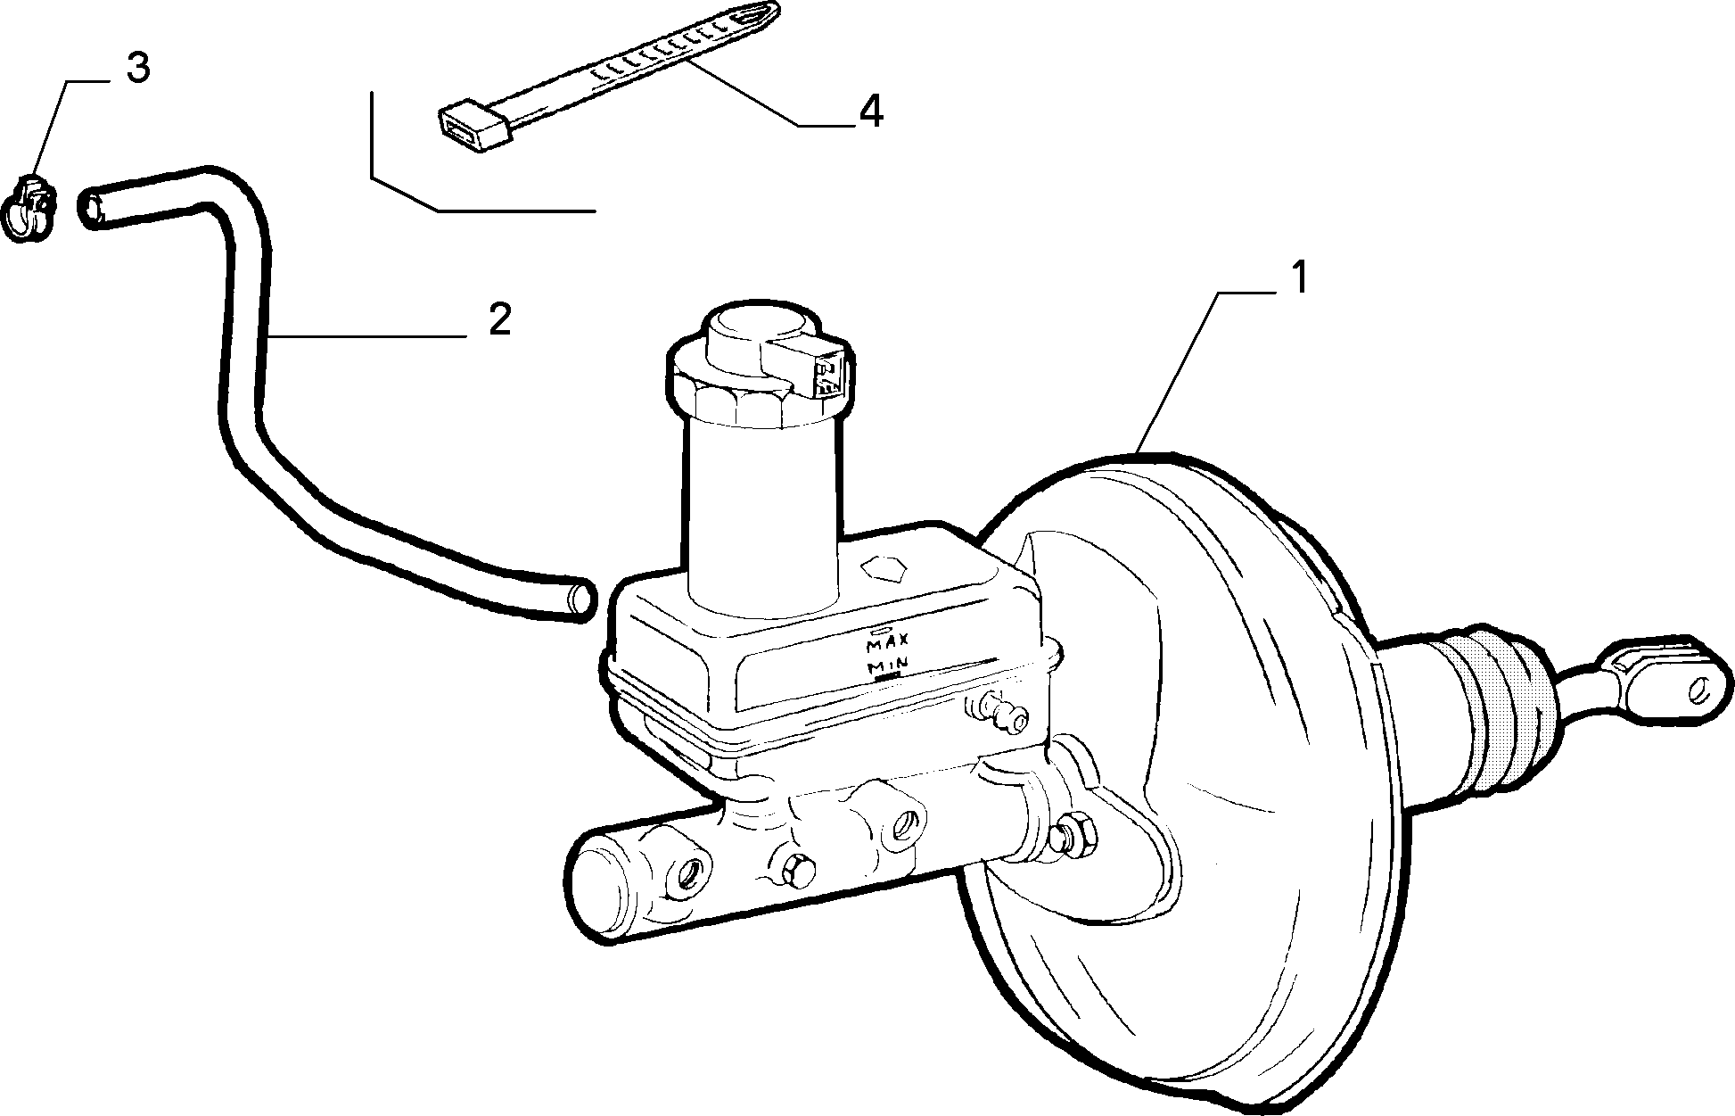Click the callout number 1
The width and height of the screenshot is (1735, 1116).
pyautogui.click(x=1299, y=277)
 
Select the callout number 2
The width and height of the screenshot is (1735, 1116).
pyautogui.click(x=500, y=319)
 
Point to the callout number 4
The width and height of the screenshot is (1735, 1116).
pyautogui.click(x=870, y=112)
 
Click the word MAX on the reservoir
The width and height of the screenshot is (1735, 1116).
pyautogui.click(x=887, y=642)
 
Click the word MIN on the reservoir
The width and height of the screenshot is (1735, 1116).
pyautogui.click(x=887, y=665)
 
